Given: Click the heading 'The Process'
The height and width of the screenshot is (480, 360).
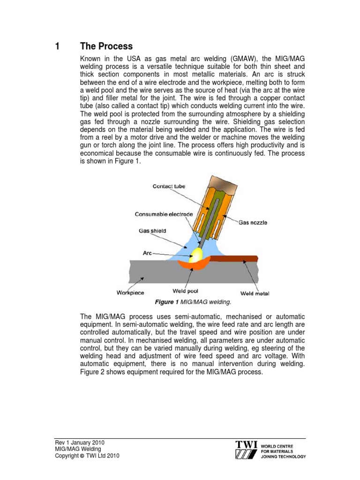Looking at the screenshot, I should tap(106, 46).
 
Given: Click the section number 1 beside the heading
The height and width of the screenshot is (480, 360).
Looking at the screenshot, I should tap(57, 46).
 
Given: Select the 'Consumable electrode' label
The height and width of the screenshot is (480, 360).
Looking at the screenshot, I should tap(164, 214).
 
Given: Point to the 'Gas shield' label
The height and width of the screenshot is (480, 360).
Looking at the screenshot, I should tap(152, 231).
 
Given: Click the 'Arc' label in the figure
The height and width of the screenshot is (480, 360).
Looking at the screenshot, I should tap(148, 253).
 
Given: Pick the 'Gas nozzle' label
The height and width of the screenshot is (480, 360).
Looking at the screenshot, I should tap(253, 223).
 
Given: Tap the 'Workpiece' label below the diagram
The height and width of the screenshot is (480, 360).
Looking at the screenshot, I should tap(130, 293).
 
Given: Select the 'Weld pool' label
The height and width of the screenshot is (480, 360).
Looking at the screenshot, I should tap(186, 291).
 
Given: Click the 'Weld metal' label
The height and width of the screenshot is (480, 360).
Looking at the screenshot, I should tap(255, 293).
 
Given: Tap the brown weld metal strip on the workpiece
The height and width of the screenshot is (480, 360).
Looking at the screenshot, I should tap(234, 258).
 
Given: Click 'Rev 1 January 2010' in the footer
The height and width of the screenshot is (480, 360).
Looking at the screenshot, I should tap(80, 442).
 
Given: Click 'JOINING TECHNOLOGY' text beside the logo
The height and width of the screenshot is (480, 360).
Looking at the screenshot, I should tap(283, 456).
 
